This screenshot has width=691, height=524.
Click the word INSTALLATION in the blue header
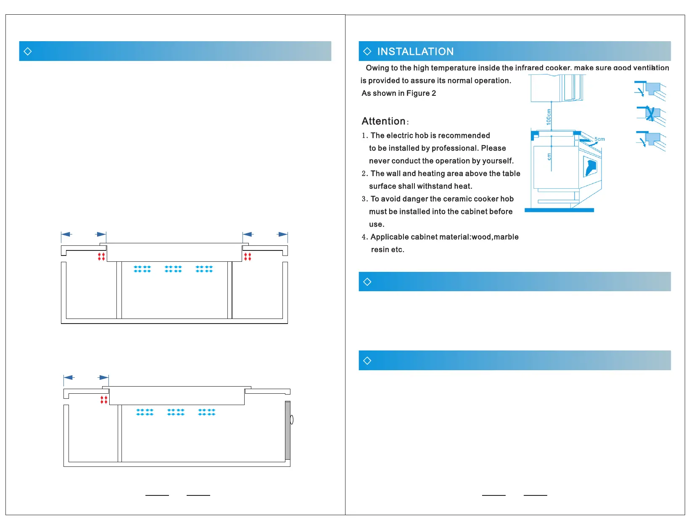click(x=415, y=52)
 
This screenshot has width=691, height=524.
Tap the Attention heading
click(x=383, y=121)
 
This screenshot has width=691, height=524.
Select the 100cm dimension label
click(x=549, y=116)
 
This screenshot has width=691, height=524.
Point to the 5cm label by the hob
click(x=599, y=139)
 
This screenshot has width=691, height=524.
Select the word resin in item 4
click(x=380, y=250)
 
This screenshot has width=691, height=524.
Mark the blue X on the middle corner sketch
click(x=650, y=114)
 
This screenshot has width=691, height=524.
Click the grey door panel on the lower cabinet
click(x=287, y=430)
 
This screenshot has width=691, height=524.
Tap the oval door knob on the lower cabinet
click(x=292, y=419)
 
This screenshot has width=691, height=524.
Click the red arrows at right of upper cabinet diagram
click(x=248, y=256)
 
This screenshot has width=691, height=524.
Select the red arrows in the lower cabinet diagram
click(x=104, y=400)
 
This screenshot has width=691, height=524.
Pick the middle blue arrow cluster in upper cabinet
click(x=173, y=269)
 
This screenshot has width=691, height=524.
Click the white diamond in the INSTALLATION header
click(x=367, y=51)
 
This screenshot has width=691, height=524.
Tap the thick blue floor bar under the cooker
click(x=559, y=210)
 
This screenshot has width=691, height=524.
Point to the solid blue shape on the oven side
click(x=591, y=167)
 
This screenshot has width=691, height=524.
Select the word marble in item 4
click(x=506, y=237)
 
